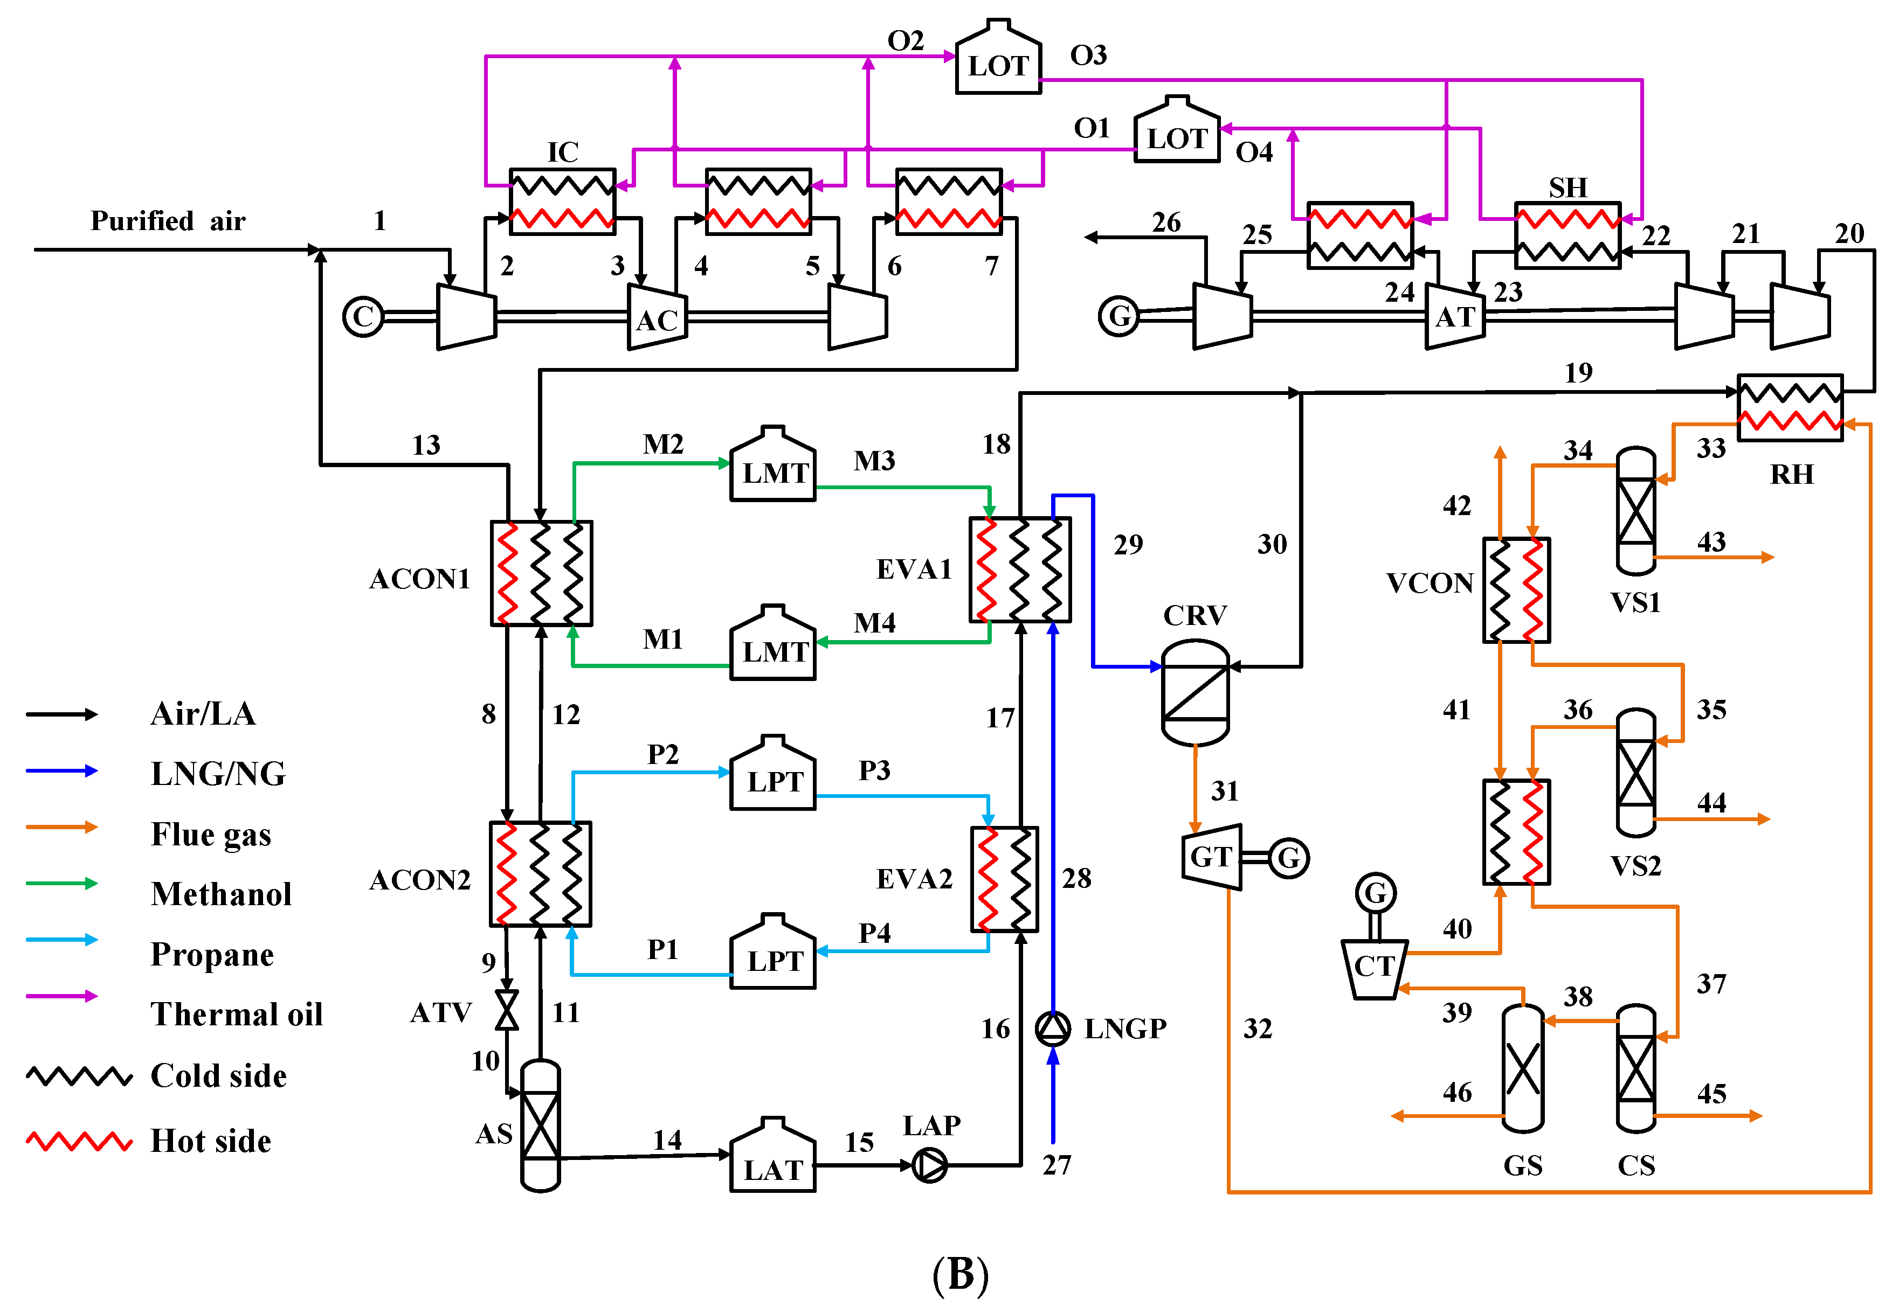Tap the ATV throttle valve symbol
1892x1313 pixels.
point(507,1010)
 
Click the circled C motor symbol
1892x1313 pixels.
point(363,317)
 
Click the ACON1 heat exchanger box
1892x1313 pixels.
point(541,573)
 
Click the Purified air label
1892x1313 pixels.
point(168,220)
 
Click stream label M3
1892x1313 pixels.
point(873,461)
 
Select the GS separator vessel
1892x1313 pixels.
point(1522,1068)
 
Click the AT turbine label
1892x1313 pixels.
point(1454,317)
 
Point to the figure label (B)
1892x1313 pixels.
point(959,1274)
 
